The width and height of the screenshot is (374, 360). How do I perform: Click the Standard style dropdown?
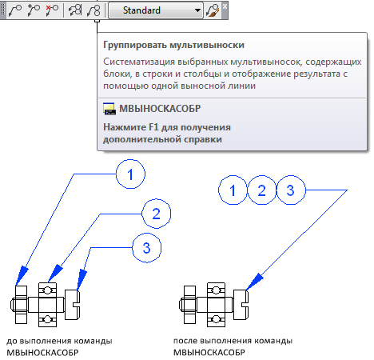[156, 10]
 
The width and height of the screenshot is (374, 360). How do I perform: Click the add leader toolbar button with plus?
[34, 10]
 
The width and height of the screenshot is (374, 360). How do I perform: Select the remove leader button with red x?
[52, 10]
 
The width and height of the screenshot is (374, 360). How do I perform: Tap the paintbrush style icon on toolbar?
[213, 10]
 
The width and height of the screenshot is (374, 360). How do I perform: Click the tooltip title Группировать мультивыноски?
[173, 45]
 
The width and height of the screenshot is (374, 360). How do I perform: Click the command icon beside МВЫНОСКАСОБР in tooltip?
[109, 109]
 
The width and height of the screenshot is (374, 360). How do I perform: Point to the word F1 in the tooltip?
[153, 127]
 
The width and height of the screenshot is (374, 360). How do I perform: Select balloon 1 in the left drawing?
[130, 174]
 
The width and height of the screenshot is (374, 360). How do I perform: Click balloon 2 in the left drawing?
[156, 214]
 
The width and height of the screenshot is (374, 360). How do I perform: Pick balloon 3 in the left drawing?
[146, 248]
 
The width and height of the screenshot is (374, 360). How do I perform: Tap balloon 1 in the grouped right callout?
[233, 190]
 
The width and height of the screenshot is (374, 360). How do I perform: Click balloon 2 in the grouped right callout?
[261, 190]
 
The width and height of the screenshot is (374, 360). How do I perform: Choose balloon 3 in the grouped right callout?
[291, 190]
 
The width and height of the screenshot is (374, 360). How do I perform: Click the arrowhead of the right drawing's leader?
[254, 282]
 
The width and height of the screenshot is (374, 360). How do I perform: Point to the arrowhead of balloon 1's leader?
[22, 276]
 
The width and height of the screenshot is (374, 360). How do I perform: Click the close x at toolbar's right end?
[225, 6]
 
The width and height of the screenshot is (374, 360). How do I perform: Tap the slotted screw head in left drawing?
[72, 304]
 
